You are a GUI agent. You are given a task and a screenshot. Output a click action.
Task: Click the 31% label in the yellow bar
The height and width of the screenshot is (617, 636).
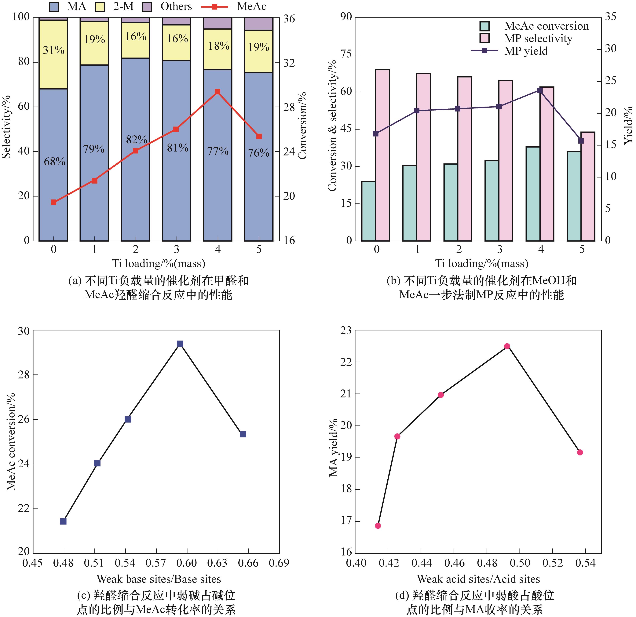53,50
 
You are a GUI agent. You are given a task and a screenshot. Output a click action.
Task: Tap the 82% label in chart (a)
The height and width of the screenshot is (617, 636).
136,140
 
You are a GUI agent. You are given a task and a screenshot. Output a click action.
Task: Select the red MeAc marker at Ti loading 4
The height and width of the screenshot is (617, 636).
218,92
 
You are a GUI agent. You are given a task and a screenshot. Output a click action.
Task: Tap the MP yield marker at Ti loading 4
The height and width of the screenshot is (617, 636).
540,90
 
